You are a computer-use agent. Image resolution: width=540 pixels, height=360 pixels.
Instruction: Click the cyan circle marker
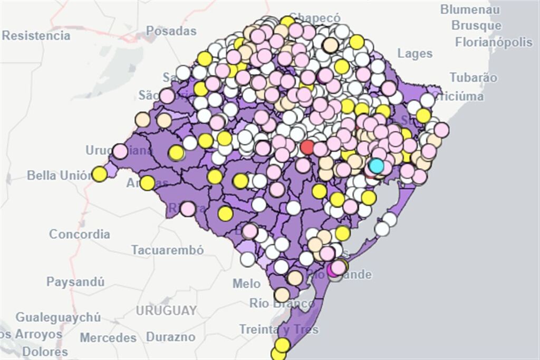coord(376,166)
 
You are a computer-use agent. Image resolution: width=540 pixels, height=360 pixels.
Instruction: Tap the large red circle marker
coord(307,147)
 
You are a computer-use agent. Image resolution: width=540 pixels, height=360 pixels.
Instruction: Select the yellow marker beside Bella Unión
coord(99,174)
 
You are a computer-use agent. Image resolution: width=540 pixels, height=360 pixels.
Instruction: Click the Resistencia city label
coord(36,36)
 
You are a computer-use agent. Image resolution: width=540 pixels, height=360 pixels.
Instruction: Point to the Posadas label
coord(171,31)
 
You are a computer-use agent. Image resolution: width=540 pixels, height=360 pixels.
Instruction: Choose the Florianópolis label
coord(494,42)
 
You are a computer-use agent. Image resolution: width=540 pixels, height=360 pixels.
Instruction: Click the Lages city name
coord(415,54)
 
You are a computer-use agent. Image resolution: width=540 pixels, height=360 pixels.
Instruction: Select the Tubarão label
coord(474,77)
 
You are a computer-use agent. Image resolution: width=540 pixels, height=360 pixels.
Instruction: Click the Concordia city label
coord(80,234)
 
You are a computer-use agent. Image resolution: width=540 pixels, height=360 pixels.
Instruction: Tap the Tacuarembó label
coord(167,250)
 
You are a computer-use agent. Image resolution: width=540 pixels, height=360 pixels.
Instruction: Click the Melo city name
coord(246,284)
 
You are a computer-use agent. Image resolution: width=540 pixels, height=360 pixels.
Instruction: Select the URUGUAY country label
coord(166,310)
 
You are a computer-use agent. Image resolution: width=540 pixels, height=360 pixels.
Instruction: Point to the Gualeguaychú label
coord(58,317)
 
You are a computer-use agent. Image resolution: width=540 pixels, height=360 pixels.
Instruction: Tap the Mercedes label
coord(108,337)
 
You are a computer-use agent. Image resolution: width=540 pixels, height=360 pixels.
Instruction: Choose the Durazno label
coord(170,337)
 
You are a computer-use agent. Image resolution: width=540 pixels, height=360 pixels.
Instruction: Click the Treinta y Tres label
coord(279,329)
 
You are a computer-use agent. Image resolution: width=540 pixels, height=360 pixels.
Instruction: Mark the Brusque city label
coord(477,26)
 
